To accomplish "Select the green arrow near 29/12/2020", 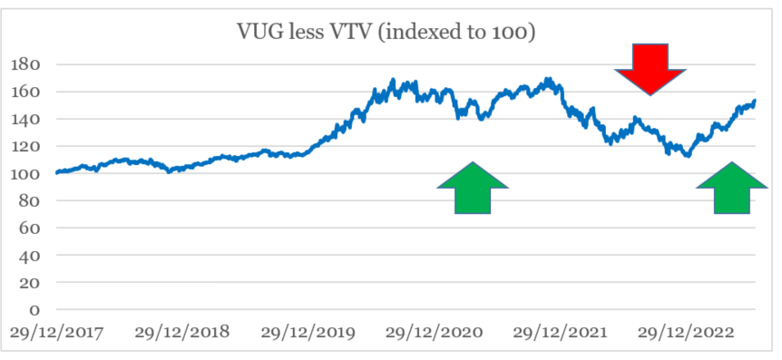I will pyautogui.click(x=473, y=189).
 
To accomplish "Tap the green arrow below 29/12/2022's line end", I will pyautogui.click(x=732, y=189).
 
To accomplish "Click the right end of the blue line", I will pyautogui.click(x=755, y=101).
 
